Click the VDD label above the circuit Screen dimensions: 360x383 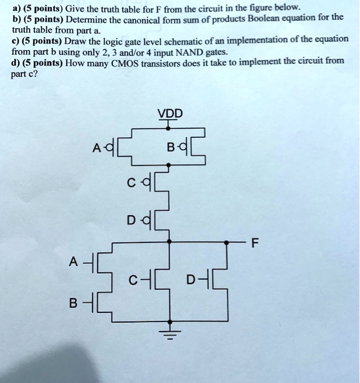(x=170, y=114)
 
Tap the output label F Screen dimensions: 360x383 (x=254, y=243)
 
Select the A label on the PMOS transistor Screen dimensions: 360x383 (x=96, y=148)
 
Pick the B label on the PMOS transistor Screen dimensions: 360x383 (x=170, y=147)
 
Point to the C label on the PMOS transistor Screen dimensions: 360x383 (x=131, y=183)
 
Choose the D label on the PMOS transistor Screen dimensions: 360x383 (x=131, y=220)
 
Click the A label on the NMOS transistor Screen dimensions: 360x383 (x=73, y=262)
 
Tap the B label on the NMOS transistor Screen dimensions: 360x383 (x=73, y=303)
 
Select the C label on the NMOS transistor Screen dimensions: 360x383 (x=133, y=280)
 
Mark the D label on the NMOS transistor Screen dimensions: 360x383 (x=191, y=280)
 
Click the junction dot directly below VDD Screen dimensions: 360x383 (x=168, y=128)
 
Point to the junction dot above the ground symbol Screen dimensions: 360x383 (x=170, y=321)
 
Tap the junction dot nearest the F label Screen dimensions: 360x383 (x=226, y=242)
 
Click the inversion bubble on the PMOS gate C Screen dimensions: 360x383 (x=146, y=182)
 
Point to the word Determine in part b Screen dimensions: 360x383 (x=87, y=20)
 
